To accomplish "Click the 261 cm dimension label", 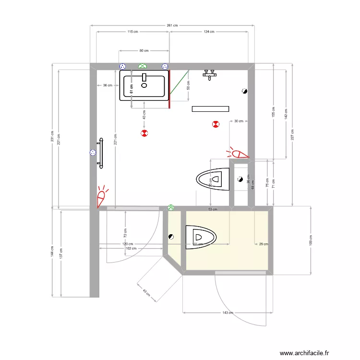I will point(172,25).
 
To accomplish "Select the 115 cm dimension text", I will point(132,32).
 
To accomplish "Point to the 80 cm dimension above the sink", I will point(144,50).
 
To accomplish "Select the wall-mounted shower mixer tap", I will point(210,74).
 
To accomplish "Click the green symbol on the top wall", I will point(142,66).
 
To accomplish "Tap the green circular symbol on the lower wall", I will point(171,208).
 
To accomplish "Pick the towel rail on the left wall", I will point(101,153).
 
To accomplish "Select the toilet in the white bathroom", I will point(213,180).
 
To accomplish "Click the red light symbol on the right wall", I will point(238,154).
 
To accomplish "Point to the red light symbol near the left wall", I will point(102,197).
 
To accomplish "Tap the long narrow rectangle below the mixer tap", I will point(211,109).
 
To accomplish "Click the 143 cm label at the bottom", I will point(228,312).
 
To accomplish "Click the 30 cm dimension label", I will point(239,121).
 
